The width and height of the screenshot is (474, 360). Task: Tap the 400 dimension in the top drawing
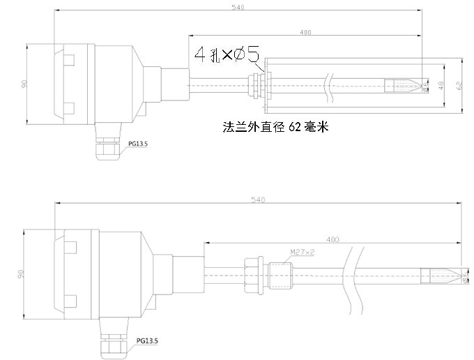click(305, 33)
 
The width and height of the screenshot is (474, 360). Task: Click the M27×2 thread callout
click(302, 253)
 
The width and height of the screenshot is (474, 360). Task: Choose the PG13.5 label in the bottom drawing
click(147, 341)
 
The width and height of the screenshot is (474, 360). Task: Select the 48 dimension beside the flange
click(441, 85)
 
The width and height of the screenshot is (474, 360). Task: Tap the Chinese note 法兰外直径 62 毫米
click(274, 128)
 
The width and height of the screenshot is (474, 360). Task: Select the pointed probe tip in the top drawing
click(422, 87)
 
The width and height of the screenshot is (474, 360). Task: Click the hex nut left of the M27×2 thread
click(253, 275)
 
